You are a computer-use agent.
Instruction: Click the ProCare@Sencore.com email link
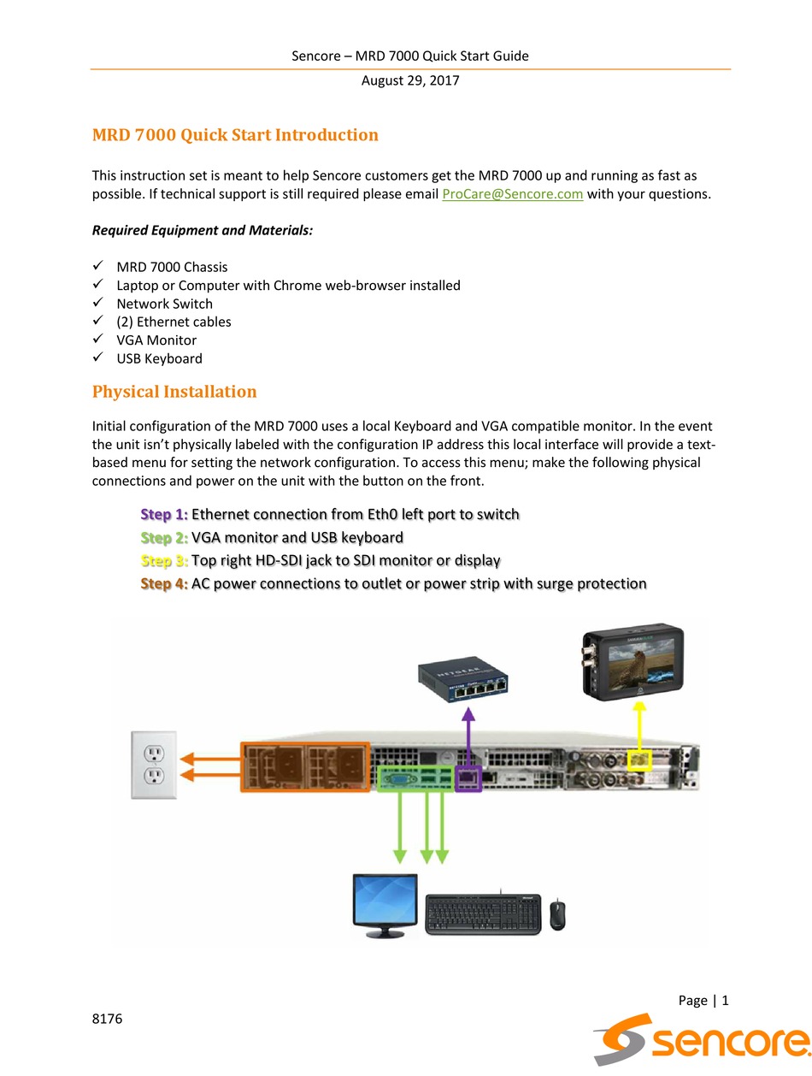512,194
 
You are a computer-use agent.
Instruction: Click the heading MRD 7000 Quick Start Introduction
235,135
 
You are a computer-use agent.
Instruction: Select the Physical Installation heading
174,392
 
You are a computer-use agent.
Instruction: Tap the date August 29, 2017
410,81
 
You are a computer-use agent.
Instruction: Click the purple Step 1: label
164,514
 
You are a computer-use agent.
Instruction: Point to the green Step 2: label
164,537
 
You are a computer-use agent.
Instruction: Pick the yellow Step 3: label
164,560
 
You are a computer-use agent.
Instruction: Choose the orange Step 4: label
164,583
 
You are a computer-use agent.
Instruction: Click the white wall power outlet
154,765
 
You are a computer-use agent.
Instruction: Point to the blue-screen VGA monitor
385,905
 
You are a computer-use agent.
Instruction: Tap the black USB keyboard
483,914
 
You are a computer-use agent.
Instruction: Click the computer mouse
557,914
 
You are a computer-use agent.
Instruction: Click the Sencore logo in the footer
701,1038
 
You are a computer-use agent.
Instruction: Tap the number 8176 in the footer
108,1019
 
